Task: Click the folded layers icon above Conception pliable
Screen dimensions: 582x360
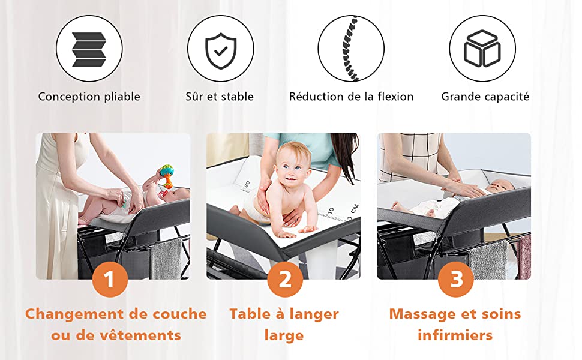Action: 89,49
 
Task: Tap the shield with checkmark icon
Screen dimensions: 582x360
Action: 221,51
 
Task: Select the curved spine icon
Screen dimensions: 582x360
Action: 350,48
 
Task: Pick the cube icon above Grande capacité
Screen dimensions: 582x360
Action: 482,49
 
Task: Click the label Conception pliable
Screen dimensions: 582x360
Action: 89,97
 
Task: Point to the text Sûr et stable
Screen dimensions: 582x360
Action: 220,97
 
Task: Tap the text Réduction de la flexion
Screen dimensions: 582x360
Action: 351,97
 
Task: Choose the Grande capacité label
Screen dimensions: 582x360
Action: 485,97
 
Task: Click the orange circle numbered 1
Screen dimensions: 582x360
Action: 110,280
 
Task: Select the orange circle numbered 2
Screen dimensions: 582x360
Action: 284,280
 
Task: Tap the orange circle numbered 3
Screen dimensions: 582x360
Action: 456,280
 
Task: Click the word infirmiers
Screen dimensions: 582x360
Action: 455,335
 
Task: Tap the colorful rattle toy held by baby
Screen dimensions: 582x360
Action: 167,175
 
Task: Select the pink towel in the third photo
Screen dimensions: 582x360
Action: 524,256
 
